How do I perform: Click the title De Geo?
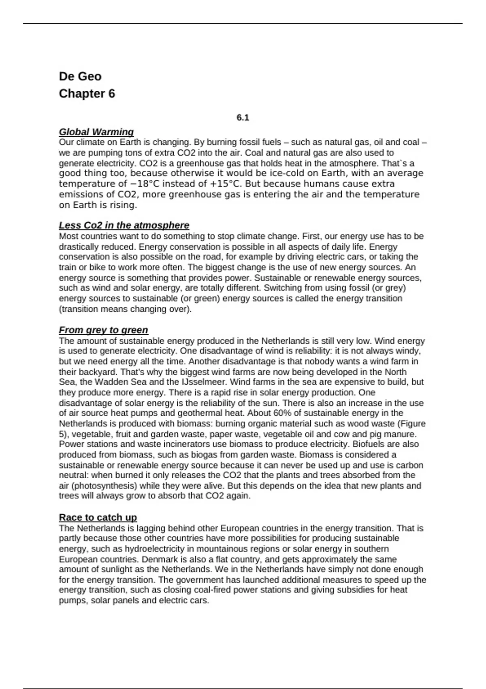coord(80,76)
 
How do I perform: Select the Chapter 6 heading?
coord(87,94)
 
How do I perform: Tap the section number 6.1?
coord(243,118)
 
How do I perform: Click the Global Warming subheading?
coord(96,132)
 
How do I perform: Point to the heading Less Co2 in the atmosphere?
coord(124,225)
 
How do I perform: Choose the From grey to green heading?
coord(103,330)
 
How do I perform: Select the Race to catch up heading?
coord(98,517)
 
